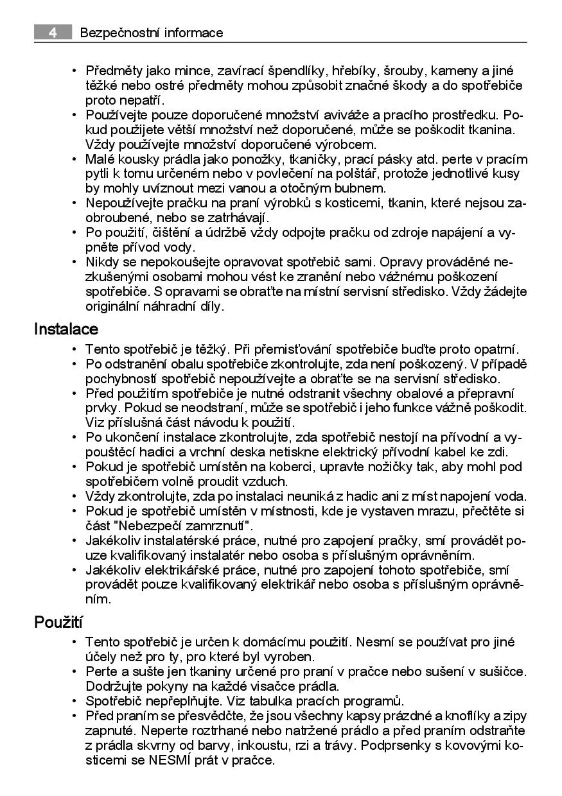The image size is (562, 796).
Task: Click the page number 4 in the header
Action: coord(51,33)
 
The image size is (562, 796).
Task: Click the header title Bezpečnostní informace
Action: coord(152,33)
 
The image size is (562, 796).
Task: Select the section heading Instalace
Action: coord(66,329)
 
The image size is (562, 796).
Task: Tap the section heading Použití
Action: coord(59,622)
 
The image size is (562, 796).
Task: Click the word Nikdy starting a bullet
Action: coord(103,262)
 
